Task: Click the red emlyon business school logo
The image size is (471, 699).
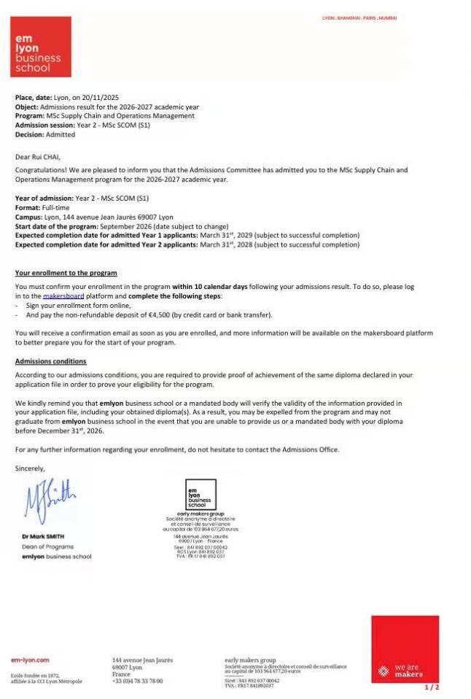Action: [x=41, y=47]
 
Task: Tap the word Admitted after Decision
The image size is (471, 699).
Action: [x=61, y=134]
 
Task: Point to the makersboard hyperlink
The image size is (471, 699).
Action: [x=63, y=296]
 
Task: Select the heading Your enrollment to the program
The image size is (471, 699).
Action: [x=66, y=273]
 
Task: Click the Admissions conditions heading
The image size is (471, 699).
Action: [x=50, y=361]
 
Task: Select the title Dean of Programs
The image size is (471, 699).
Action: [x=47, y=547]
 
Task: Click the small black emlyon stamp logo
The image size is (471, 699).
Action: [x=201, y=494]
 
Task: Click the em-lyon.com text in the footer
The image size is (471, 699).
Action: [x=30, y=660]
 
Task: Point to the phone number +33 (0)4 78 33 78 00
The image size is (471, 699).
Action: [x=138, y=681]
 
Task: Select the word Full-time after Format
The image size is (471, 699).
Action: [x=56, y=208]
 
